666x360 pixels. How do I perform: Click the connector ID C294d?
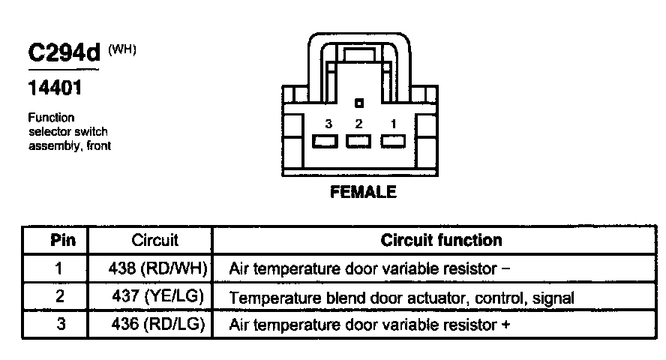[x=64, y=53]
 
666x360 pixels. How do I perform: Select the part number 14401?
[x=55, y=88]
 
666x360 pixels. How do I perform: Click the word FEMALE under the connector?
[x=363, y=193]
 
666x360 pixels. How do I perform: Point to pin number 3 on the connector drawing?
[x=328, y=124]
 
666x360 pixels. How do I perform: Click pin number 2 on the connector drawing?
[x=358, y=124]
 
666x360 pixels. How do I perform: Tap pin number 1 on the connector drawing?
[x=392, y=124]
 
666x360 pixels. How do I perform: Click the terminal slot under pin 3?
[x=325, y=141]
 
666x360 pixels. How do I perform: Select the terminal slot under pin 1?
[x=393, y=141]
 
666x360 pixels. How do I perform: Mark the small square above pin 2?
[x=360, y=103]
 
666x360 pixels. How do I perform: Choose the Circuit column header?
[x=155, y=241]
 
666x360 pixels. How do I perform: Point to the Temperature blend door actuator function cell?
[x=401, y=298]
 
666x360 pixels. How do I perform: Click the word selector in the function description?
[x=49, y=132]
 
